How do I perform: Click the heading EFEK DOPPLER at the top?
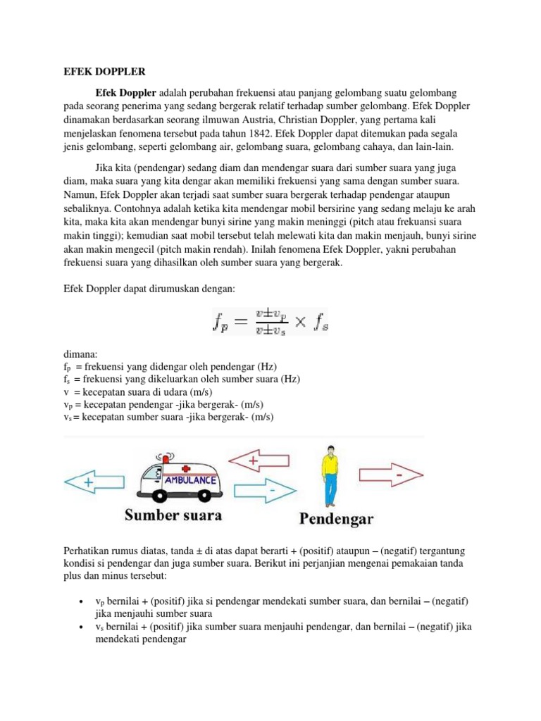pyautogui.click(x=99, y=71)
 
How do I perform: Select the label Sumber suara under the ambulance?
pyautogui.click(x=173, y=515)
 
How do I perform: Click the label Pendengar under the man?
pyautogui.click(x=336, y=520)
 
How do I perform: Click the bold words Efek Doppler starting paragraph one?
pyautogui.click(x=126, y=93)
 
